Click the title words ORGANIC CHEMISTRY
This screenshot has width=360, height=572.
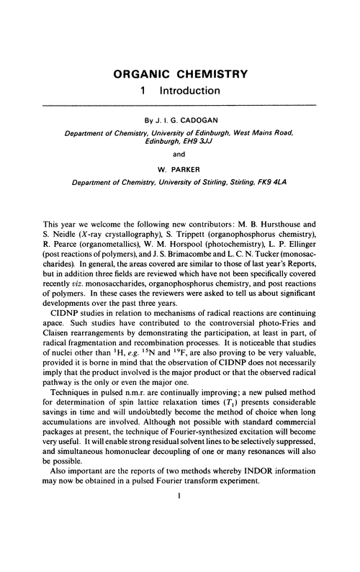pyautogui.click(x=179, y=74)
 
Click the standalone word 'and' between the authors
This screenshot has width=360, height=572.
pyautogui.click(x=179, y=157)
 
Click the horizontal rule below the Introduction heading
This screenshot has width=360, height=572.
pyautogui.click(x=179, y=107)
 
